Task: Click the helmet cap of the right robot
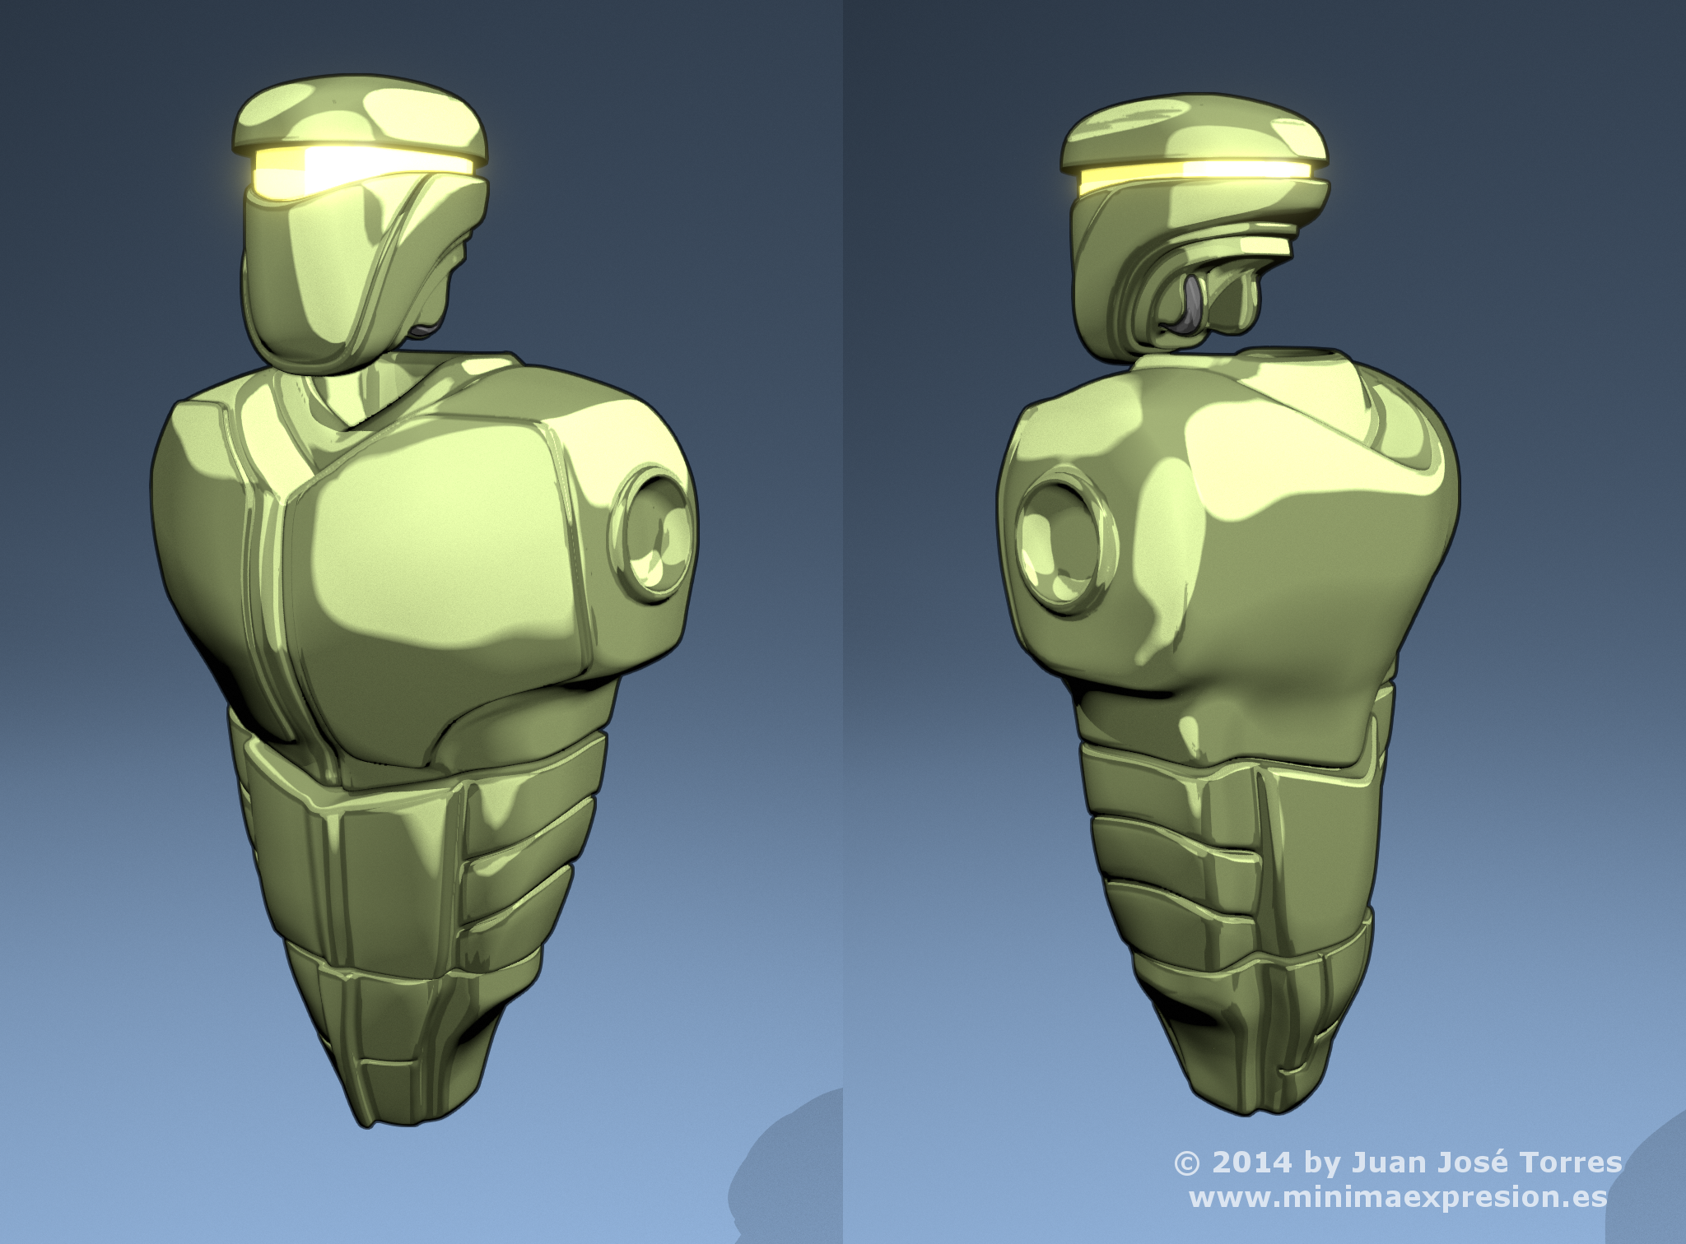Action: (1194, 132)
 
